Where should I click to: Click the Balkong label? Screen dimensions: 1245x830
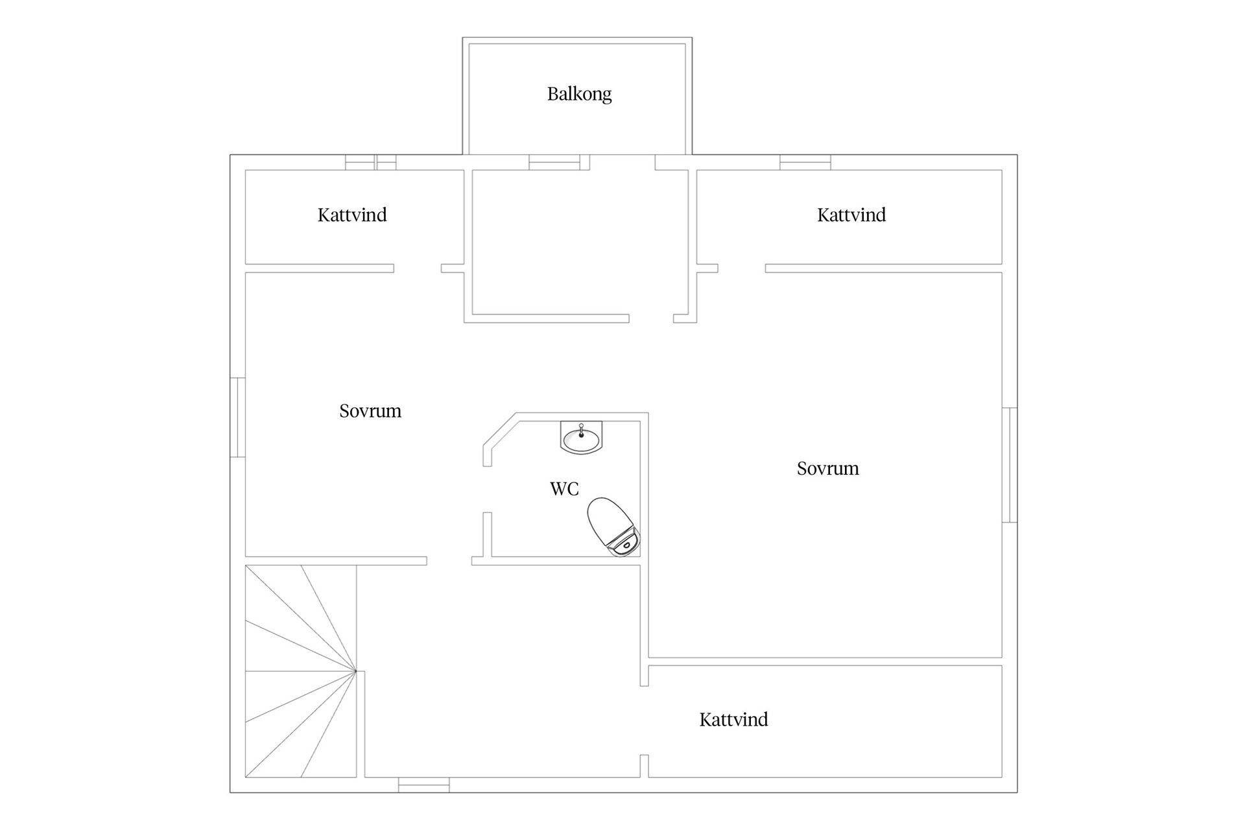579,95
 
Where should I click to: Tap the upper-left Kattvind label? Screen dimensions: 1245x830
352,215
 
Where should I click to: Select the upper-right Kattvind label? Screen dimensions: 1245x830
851,215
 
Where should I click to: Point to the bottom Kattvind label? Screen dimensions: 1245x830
733,719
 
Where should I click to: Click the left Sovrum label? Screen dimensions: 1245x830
370,411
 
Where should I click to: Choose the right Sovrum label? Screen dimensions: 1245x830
828,468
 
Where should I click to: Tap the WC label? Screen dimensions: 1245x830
564,489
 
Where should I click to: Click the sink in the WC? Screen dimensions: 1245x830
581,438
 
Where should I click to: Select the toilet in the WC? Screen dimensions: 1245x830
613,527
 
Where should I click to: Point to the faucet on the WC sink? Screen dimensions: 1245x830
581,429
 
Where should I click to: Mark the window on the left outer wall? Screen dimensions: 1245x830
238,418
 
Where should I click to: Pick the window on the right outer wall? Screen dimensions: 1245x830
1010,465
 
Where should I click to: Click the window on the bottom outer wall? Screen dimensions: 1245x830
423,785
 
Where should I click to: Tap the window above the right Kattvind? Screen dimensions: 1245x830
805,162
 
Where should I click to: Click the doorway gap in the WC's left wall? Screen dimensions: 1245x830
488,489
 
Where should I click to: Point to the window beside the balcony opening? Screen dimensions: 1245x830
554,162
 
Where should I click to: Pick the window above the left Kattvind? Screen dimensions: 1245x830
370,162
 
